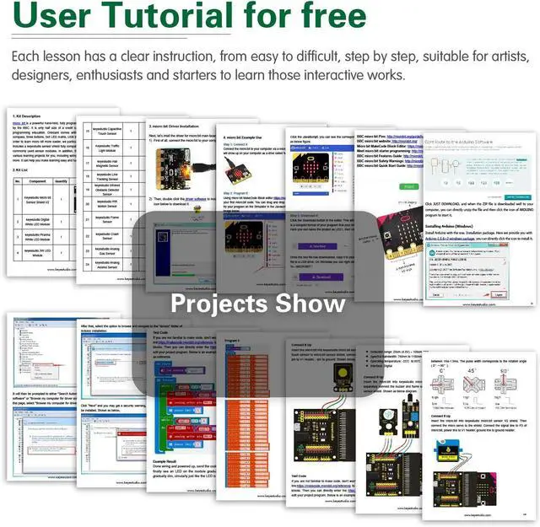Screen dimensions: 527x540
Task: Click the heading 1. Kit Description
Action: coord(26,116)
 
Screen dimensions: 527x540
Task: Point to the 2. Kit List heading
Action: coord(23,169)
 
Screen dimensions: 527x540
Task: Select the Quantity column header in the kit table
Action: coord(61,181)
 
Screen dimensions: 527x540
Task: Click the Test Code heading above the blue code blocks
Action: coord(160,332)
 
